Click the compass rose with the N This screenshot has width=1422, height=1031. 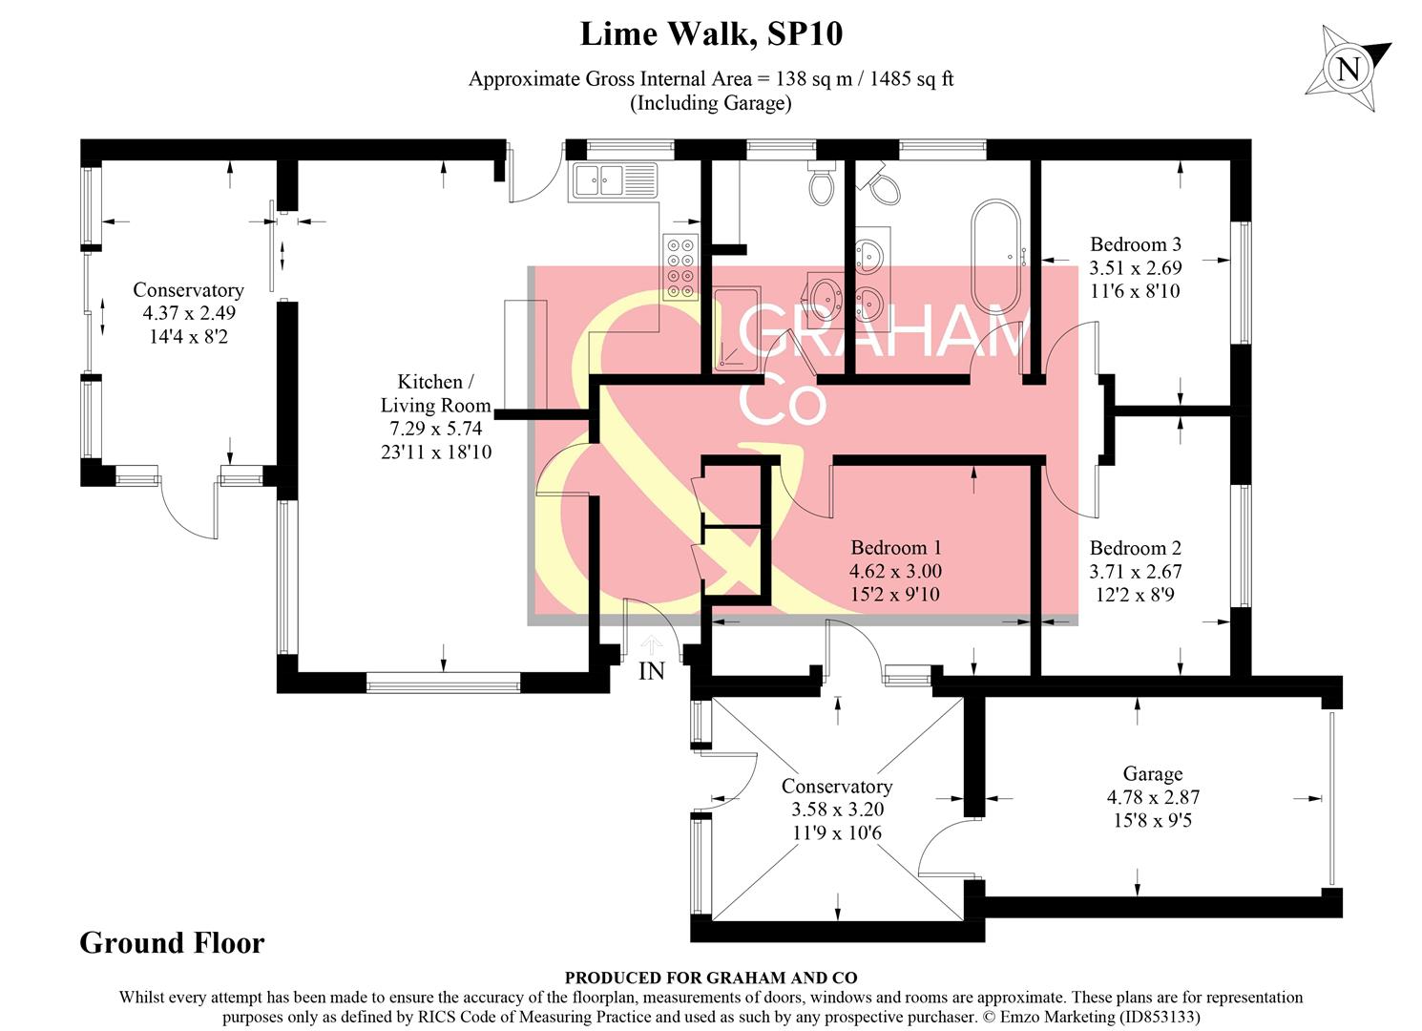pos(1347,69)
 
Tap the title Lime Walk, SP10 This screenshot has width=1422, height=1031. pos(711,34)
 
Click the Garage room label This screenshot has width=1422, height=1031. pos(1152,774)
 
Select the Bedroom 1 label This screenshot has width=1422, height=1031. pos(895,548)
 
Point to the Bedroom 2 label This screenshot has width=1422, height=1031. pos(1135,548)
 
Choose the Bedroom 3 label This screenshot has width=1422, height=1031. pos(1135,244)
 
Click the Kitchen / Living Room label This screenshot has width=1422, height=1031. pos(435,393)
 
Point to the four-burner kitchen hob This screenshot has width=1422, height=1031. pos(681,269)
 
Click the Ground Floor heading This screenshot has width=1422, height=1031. pos(172,943)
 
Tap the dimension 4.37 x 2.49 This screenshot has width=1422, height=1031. pos(189,313)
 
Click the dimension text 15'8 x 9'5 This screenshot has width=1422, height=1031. pos(1152,820)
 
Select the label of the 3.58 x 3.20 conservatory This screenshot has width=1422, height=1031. pos(836,787)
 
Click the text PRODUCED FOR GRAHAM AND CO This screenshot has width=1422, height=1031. pos(710,978)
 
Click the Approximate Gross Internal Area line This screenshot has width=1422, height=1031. pos(711,79)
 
